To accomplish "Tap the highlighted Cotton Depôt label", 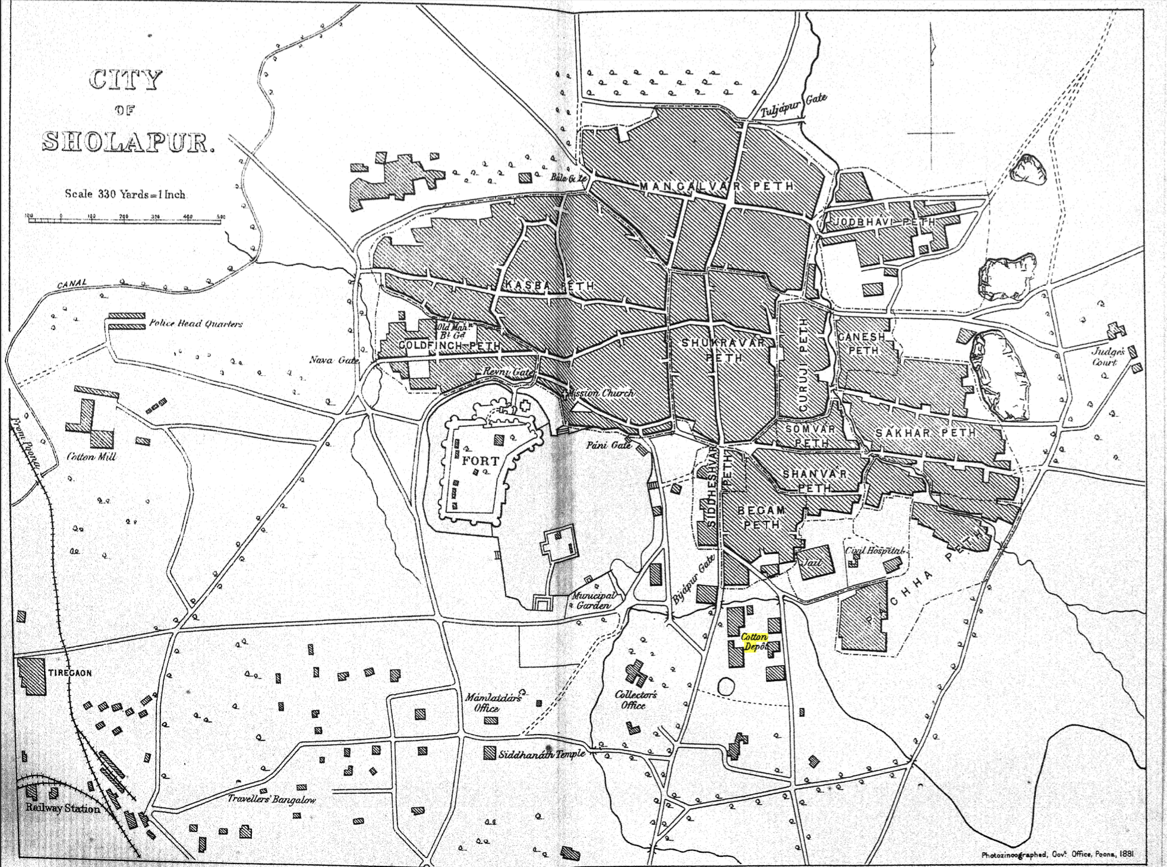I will (x=754, y=642).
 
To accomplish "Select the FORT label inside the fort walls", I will (x=481, y=460).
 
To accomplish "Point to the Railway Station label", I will (x=62, y=808).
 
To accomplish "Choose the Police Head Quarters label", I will (x=195, y=324).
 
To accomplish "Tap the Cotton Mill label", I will (x=91, y=457).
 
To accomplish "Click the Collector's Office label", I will (x=635, y=700).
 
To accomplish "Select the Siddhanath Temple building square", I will (x=489, y=753).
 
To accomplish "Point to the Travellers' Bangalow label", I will (x=272, y=799).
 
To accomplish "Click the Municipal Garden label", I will (x=594, y=600).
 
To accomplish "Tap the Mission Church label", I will (x=601, y=393).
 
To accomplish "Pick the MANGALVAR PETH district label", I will (x=717, y=186).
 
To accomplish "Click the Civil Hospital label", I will (x=874, y=550).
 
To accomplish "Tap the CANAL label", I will (x=72, y=284).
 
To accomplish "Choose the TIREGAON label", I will (x=70, y=673).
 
